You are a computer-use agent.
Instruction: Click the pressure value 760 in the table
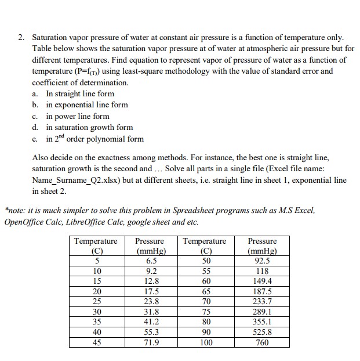coord(262,342)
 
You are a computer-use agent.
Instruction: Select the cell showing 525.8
coord(262,332)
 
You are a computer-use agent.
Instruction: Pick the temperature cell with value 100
coord(205,342)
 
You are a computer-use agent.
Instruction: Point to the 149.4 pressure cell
coord(262,281)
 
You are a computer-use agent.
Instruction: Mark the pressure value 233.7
coord(262,301)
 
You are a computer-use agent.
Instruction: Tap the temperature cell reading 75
coord(205,312)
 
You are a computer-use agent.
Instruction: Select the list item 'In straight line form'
coord(80,93)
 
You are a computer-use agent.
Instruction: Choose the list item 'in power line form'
coord(78,116)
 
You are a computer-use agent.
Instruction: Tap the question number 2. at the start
coord(21,38)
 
